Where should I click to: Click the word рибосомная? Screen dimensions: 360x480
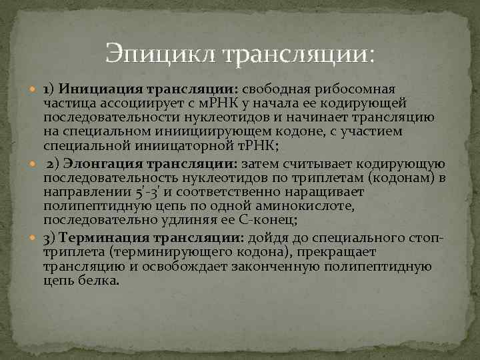[x=363, y=89]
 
